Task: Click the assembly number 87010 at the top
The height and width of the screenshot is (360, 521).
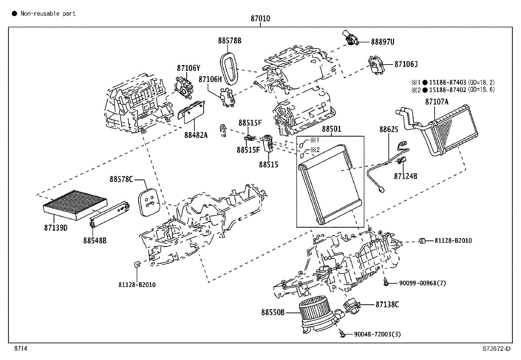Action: tap(260, 19)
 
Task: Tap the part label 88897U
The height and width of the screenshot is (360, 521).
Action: tap(383, 42)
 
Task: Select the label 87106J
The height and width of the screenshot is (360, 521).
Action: tap(406, 64)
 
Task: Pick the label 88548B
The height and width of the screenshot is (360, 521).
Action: tap(95, 240)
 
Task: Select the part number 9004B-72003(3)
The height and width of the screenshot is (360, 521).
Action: tap(377, 334)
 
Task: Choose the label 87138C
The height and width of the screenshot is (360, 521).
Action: tap(387, 304)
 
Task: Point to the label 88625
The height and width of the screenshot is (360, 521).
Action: tap(389, 129)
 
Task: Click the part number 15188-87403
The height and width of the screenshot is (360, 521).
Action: tap(448, 83)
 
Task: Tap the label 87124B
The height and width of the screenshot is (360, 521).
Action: tap(405, 176)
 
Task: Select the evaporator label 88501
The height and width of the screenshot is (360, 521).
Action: tap(332, 129)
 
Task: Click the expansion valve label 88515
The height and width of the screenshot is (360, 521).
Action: tap(268, 164)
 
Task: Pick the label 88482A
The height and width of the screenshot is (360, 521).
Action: tap(196, 135)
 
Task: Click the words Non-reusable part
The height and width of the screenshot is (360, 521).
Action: tap(48, 13)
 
